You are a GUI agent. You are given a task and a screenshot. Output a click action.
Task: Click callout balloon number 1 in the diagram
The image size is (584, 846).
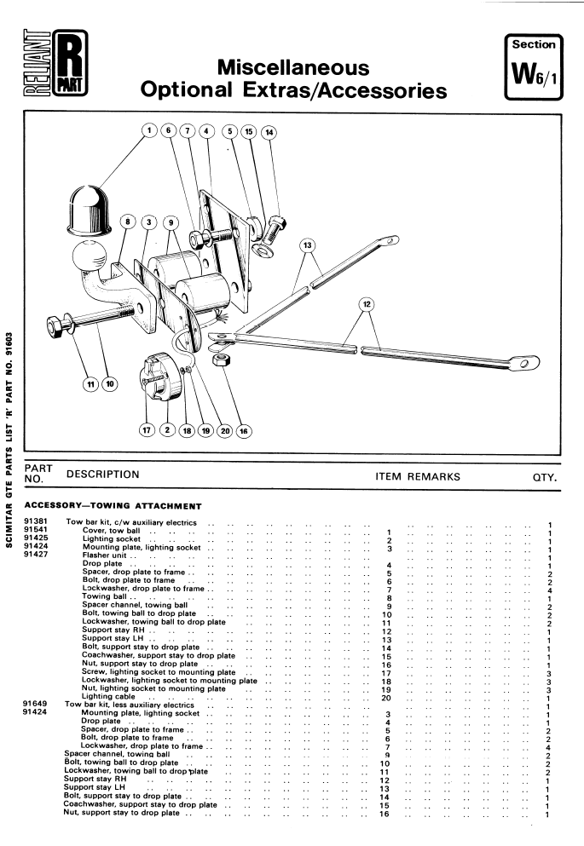tap(149, 131)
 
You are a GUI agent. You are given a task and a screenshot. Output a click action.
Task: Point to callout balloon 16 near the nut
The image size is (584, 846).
tap(246, 431)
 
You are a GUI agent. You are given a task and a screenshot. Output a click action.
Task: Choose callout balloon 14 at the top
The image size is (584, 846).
tap(269, 132)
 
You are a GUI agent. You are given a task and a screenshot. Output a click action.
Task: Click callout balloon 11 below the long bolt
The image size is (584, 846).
tap(90, 383)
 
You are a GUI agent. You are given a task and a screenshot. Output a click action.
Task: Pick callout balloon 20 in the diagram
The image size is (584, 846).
tap(226, 431)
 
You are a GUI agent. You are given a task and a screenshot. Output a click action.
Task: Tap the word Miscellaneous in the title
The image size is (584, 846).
tap(292, 67)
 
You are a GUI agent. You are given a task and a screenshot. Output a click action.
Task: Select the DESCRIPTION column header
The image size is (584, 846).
tap(102, 474)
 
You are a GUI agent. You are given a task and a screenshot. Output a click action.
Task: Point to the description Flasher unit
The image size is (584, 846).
tap(103, 555)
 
